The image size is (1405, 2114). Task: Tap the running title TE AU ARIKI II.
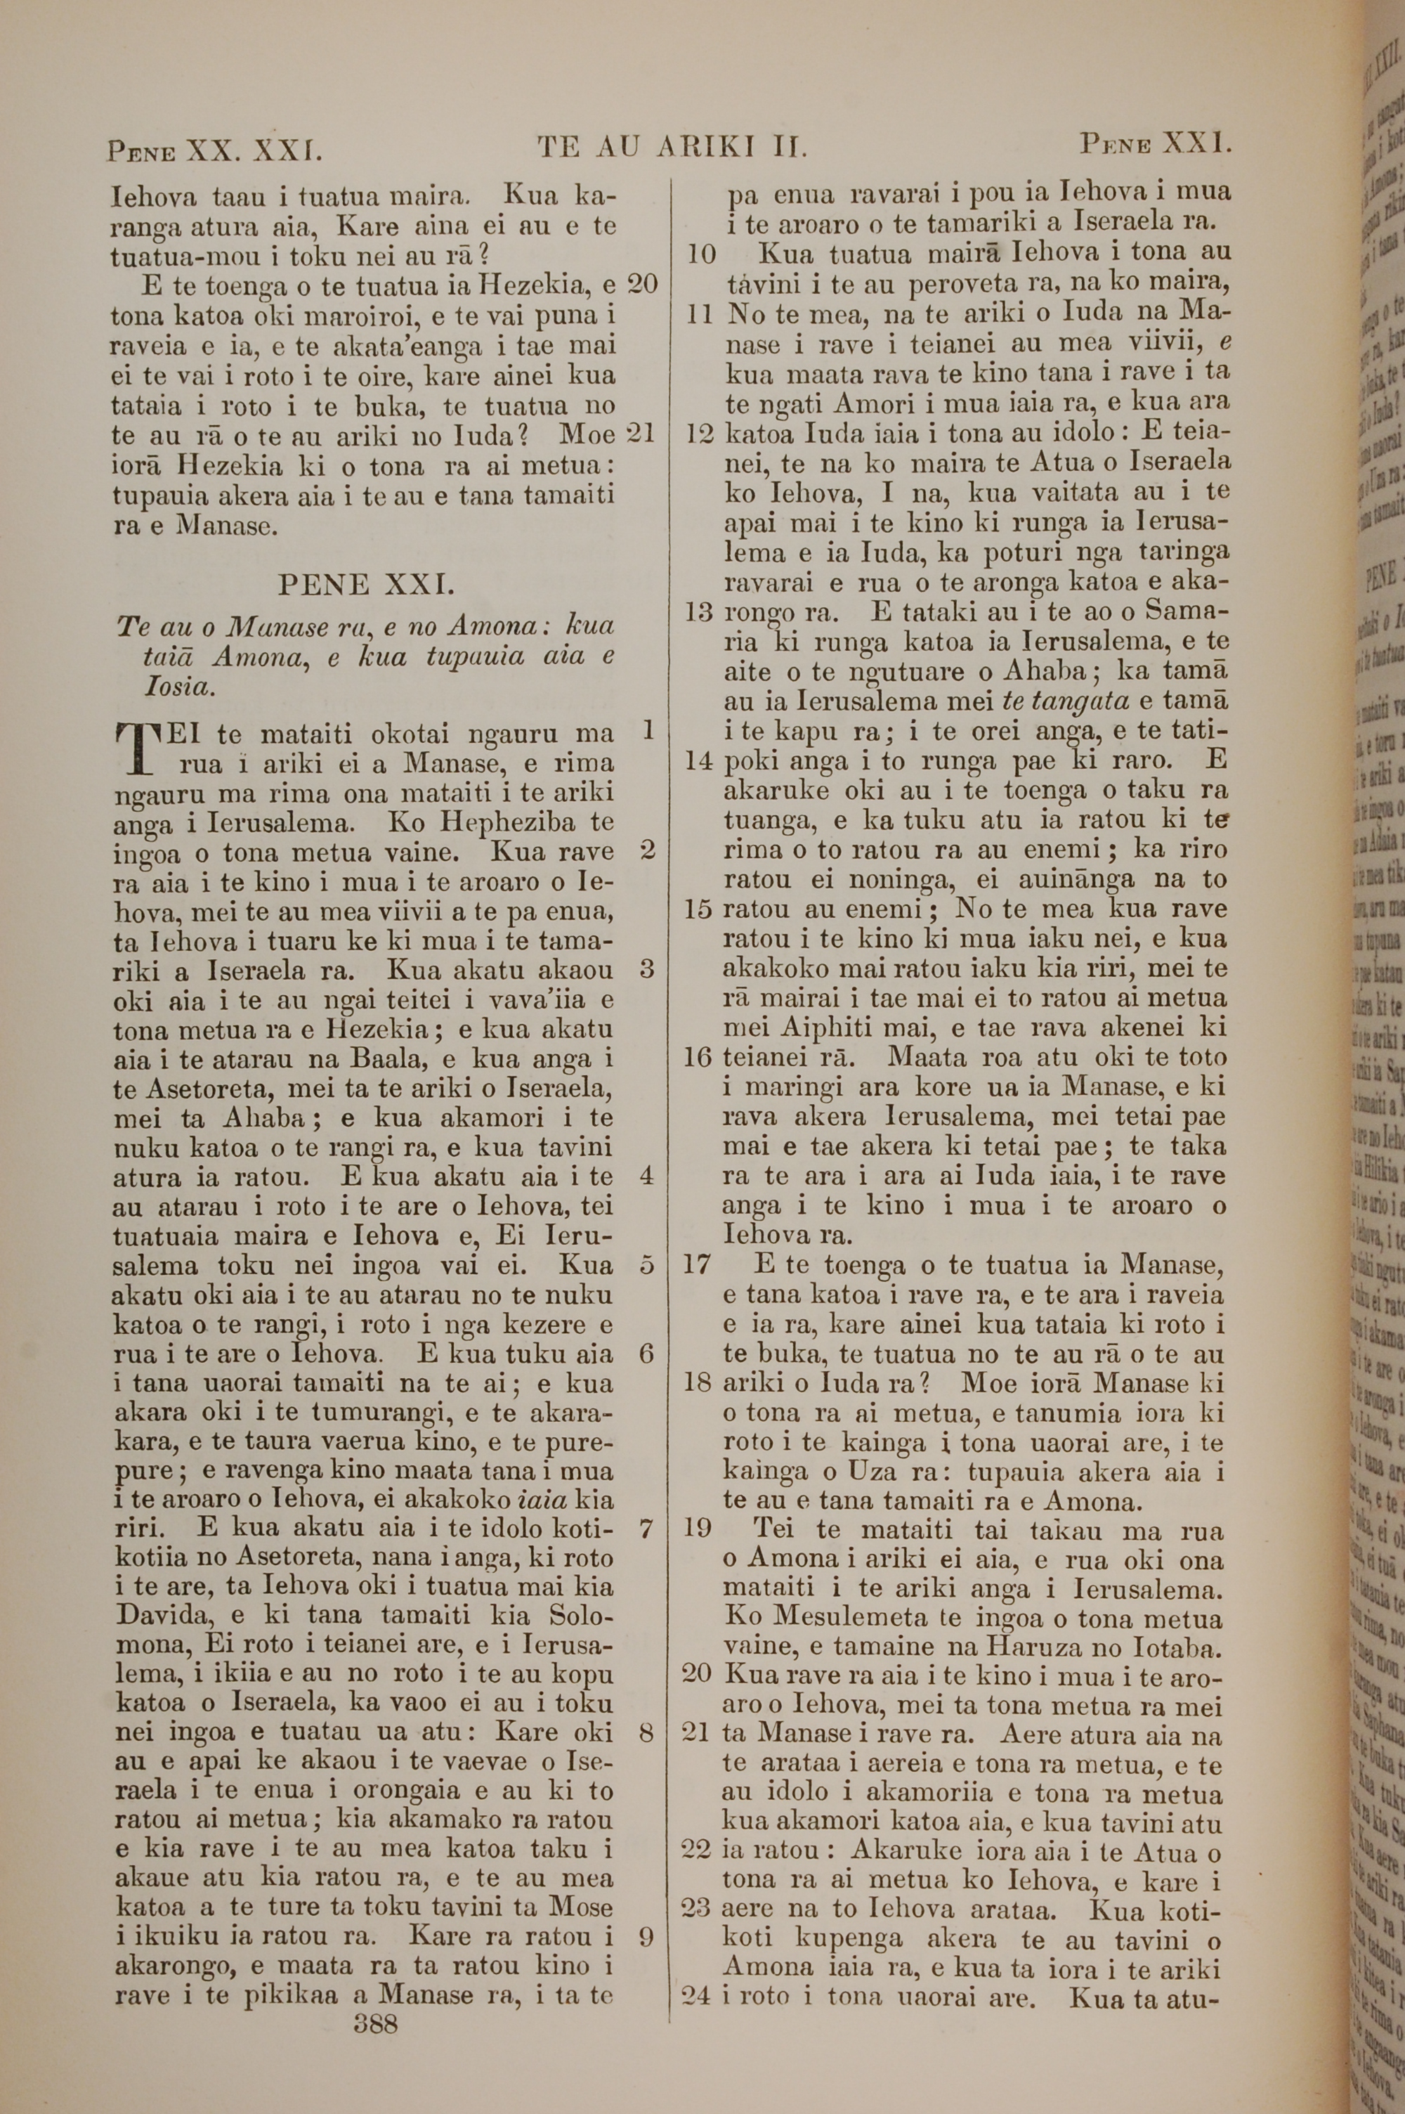(x=672, y=147)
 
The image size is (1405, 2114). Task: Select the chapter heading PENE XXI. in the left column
(x=367, y=585)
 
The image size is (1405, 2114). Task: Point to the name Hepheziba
(x=514, y=823)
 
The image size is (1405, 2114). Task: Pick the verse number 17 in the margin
(x=696, y=1265)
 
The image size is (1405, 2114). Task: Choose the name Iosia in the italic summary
(x=179, y=688)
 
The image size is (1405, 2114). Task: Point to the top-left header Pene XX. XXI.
(x=214, y=149)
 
